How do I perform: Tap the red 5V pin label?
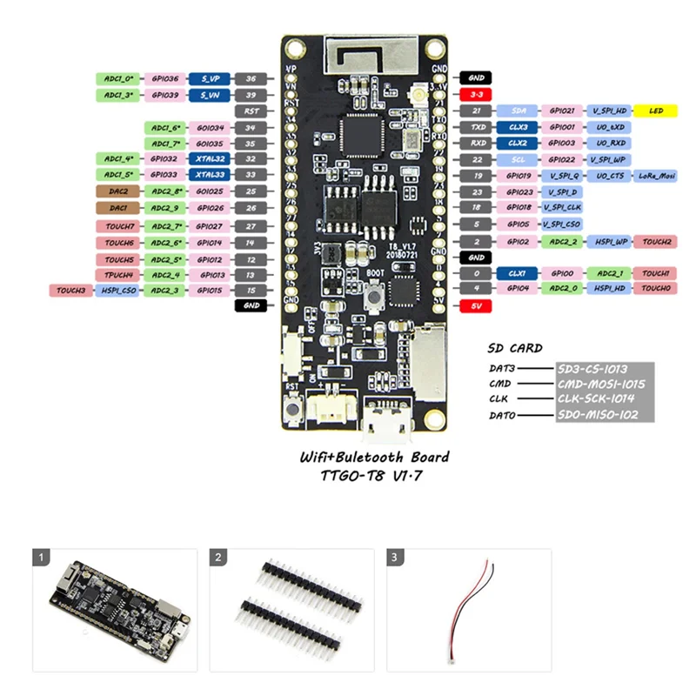[476, 306]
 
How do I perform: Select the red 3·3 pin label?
[476, 94]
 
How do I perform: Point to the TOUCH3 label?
[71, 290]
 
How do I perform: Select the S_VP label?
[210, 78]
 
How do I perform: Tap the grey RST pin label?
[251, 111]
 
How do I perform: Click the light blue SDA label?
[518, 111]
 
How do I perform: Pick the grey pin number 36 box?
[251, 78]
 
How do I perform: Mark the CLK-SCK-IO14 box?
[602, 399]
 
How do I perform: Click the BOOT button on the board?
[372, 298]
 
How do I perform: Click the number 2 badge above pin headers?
[219, 556]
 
